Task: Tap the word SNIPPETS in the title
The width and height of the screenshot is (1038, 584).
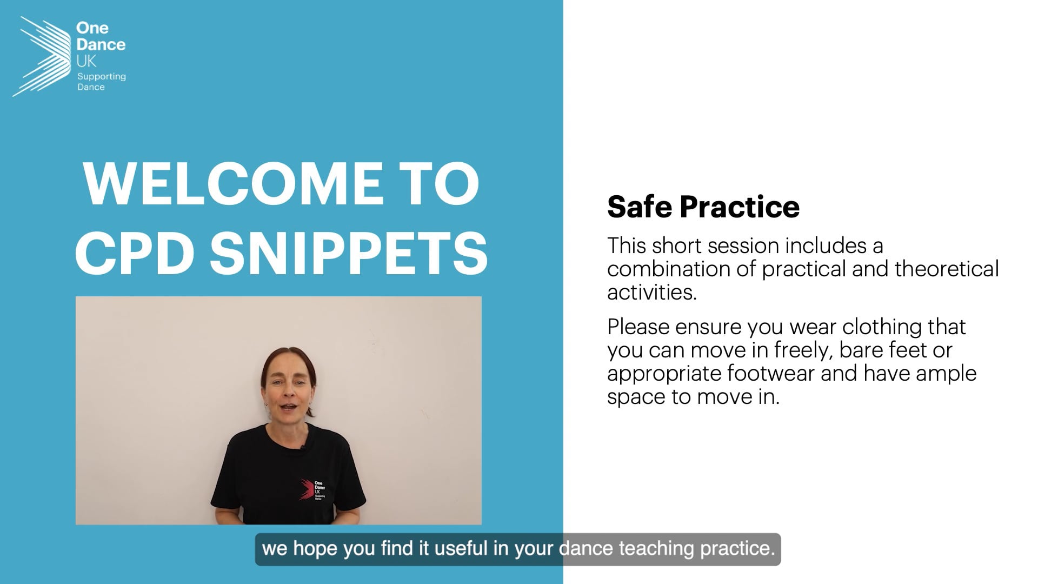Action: [x=349, y=253]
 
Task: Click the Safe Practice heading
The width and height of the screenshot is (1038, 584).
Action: [x=703, y=207]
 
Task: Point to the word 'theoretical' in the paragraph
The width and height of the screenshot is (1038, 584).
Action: [x=947, y=269]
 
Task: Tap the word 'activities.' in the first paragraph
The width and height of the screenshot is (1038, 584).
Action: [x=652, y=292]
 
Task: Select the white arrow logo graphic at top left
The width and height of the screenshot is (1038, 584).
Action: [x=42, y=56]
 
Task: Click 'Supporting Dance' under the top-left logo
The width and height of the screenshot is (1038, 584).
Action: [x=101, y=82]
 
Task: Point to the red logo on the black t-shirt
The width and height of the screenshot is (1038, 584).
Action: [x=307, y=489]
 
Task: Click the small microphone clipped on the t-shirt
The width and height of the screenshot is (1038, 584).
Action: [x=304, y=447]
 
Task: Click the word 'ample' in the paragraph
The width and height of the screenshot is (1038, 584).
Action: [x=946, y=373]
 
